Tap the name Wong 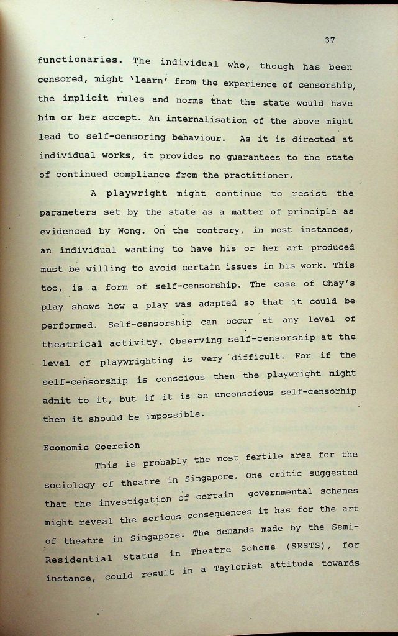[130, 231]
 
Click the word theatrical [72, 343]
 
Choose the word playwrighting [137, 361]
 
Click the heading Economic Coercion [91, 446]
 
